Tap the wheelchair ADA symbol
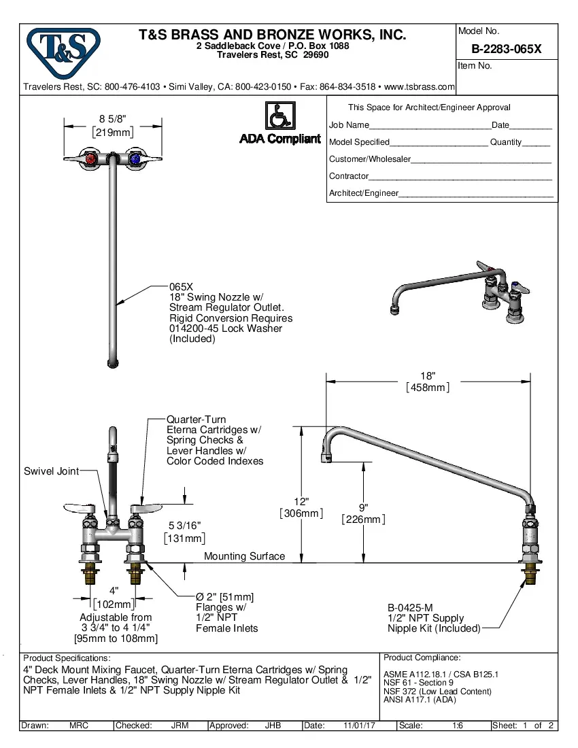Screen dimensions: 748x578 coord(279,116)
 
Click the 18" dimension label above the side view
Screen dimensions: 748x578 coord(428,376)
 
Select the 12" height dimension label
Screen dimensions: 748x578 coord(301,502)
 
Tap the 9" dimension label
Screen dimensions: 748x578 coord(364,508)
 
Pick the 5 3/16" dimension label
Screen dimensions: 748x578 coord(184,526)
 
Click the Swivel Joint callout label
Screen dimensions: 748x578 coord(51,471)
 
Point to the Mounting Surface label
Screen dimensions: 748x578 coord(244,556)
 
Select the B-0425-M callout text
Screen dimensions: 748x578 coord(410,608)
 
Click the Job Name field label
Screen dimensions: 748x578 coord(349,125)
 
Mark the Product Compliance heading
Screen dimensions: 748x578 coord(422,658)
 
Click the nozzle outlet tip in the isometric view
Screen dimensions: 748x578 coord(396,311)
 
